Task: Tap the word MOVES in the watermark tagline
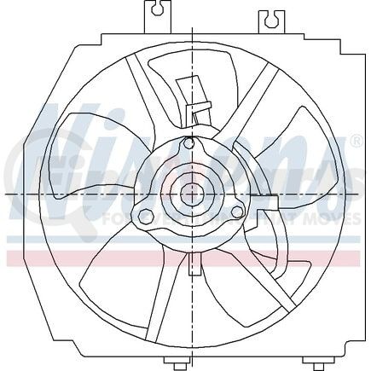pyautogui.click(x=328, y=220)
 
